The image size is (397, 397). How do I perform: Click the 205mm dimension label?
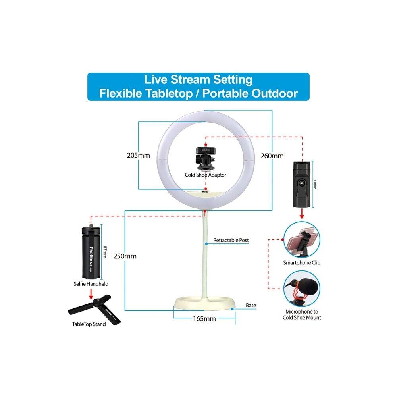point(139,155)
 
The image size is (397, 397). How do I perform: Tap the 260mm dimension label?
point(272,156)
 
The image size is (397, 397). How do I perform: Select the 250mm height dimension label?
point(124,256)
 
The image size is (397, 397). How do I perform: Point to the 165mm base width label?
point(204,318)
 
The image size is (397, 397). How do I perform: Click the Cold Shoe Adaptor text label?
point(206,175)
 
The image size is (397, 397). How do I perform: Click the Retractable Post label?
point(231,240)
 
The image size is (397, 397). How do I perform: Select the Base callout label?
point(251,305)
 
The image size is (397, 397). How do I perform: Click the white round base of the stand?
point(204,304)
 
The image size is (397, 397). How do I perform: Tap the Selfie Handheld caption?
point(91,284)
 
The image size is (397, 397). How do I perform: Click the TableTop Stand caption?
point(89,324)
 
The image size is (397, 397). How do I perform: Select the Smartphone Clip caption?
point(302,263)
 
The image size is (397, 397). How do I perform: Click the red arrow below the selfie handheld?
point(91,294)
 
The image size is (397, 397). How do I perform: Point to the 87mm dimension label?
point(105,252)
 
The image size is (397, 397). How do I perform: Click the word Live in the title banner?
point(156,79)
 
